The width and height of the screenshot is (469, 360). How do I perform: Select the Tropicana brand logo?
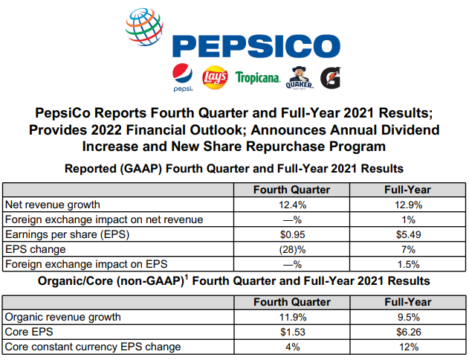pos(257,77)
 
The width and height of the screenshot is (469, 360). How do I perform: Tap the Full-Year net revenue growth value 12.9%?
pos(407,204)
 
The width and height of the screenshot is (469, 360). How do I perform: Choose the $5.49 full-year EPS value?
pos(407,234)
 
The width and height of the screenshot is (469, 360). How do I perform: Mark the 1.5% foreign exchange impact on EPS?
pos(407,263)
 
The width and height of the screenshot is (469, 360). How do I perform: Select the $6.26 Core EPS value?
pos(407,331)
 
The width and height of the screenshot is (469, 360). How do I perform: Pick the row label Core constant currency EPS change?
pos(93,346)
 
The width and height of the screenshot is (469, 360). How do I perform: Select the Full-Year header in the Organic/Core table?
pos(407,301)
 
